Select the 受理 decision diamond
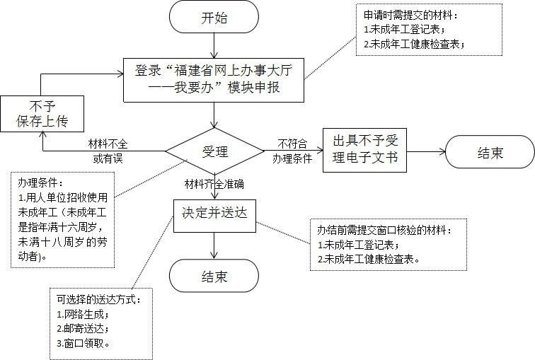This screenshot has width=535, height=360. (214, 151)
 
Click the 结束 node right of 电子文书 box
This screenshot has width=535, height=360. (489, 152)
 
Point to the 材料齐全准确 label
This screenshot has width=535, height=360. (214, 185)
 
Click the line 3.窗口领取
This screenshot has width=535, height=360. (84, 343)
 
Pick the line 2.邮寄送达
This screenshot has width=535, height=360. (84, 328)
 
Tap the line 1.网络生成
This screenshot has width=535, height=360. (84, 313)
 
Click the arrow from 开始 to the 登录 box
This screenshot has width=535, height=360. (214, 45)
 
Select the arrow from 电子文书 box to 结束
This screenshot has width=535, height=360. (426, 151)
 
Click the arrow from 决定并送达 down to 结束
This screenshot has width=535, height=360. (214, 244)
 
